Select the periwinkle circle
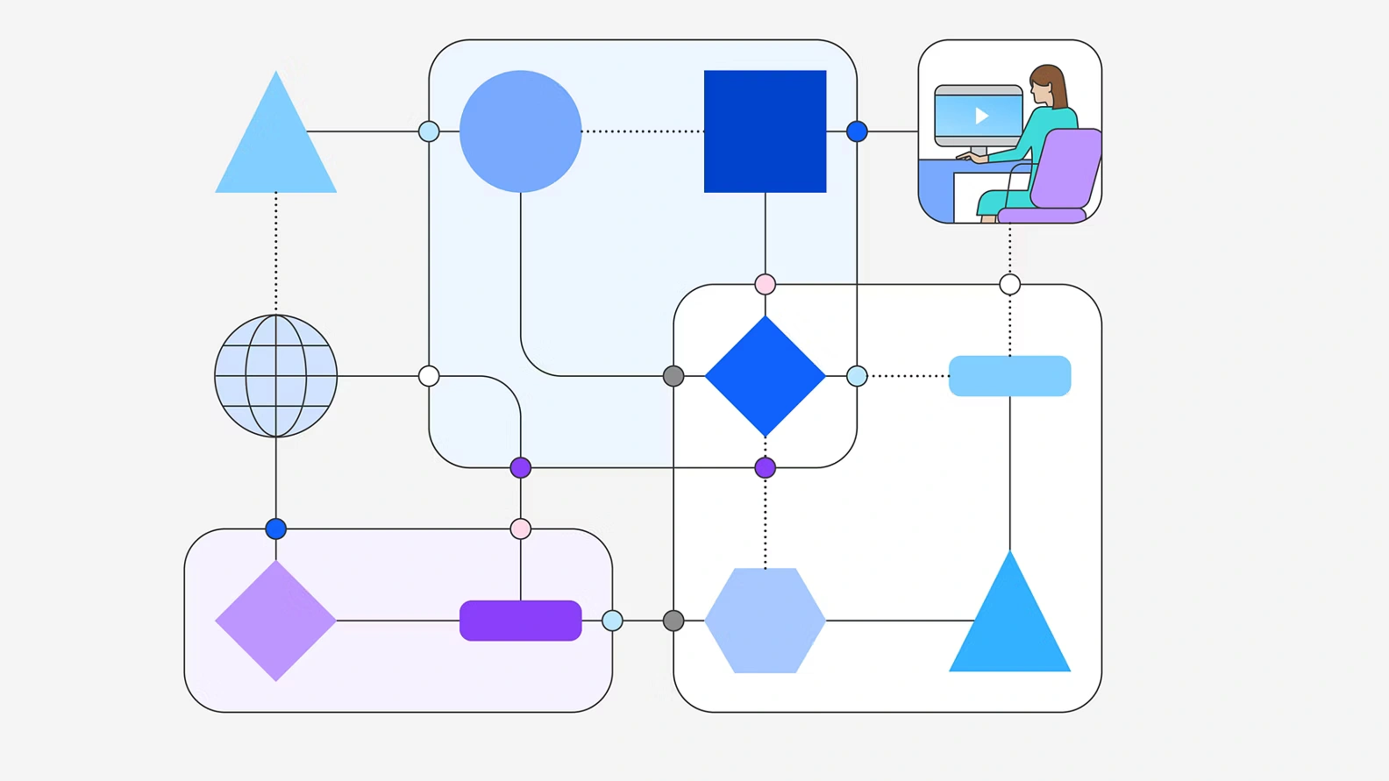(520, 131)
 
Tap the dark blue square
(765, 131)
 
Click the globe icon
(276, 376)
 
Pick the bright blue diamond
(765, 376)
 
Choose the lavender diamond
(276, 621)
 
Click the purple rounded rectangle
(520, 621)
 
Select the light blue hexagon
(765, 621)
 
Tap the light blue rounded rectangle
(1009, 376)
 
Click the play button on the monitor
(981, 115)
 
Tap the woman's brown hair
(1053, 84)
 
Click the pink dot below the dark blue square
(765, 284)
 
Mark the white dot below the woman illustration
(1009, 284)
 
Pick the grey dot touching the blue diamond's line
(673, 376)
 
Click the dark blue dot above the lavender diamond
(276, 529)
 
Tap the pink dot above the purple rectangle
(520, 529)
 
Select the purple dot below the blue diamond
(765, 467)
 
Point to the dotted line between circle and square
(643, 131)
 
